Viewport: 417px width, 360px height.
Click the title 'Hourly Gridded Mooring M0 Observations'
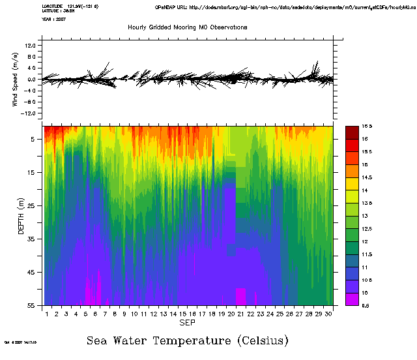[x=187, y=27]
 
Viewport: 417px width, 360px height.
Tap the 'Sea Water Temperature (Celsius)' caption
[x=188, y=340]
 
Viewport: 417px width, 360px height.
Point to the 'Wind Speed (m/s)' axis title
[x=14, y=80]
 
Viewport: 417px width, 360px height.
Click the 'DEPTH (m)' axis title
[x=21, y=214]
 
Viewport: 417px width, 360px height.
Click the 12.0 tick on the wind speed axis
[x=30, y=46]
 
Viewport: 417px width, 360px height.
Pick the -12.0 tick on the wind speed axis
[x=29, y=113]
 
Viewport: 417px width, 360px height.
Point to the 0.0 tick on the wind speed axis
[x=31, y=80]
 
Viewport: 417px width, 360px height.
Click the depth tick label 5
[x=33, y=139]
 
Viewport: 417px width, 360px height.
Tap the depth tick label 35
[x=31, y=239]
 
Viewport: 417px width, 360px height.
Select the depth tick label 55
[x=31, y=305]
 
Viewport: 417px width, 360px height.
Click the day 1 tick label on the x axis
[x=47, y=314]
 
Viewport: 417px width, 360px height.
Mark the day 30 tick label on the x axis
[x=328, y=314]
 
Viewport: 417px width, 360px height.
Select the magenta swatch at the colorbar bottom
[x=351, y=299]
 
